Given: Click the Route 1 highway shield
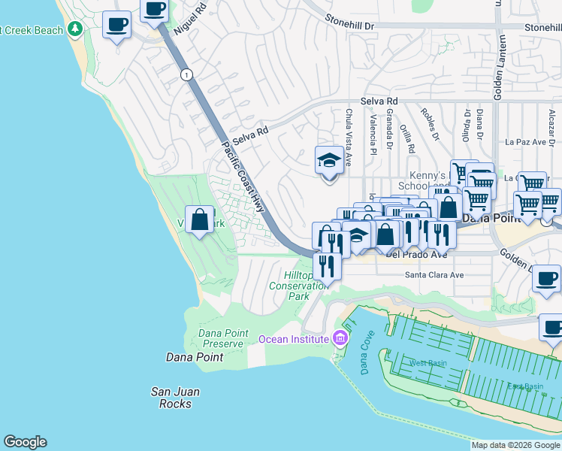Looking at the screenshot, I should coord(186,74).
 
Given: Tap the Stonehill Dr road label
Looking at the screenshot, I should coord(349,24).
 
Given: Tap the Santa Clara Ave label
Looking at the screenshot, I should coord(434,275).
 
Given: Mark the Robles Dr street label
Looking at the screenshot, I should coord(430,124).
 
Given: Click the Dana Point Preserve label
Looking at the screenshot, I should coord(221,338).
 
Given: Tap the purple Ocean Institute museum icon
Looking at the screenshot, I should coord(340,339).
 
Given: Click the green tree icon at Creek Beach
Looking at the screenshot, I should coord(74,29).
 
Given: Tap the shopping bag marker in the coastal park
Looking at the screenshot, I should coord(200,220).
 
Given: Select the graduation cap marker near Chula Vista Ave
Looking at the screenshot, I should coord(328,161).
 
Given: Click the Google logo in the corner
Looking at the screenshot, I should coord(25,442).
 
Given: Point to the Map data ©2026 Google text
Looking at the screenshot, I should coord(515,445).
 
